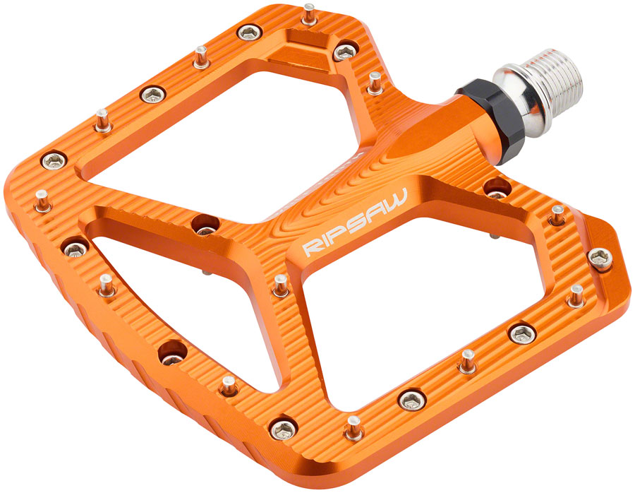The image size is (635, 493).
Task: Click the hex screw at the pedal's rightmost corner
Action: pos(600,259)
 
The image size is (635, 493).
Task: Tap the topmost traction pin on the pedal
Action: pos(309,14)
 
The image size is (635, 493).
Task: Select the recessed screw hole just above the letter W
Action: pos(495,189)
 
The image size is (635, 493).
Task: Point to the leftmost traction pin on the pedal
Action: pos(42,199)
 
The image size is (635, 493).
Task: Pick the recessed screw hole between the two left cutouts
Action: pos(205,225)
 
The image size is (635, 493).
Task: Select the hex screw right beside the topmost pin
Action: pos(345,51)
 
